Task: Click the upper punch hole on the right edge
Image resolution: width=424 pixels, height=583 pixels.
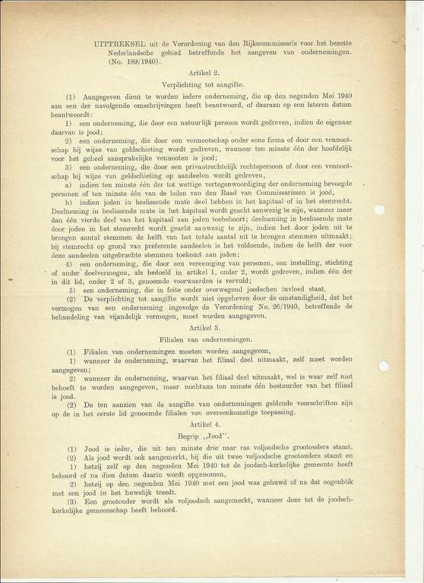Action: [379, 209]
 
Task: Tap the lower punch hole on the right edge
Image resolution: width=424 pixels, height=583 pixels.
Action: [383, 366]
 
